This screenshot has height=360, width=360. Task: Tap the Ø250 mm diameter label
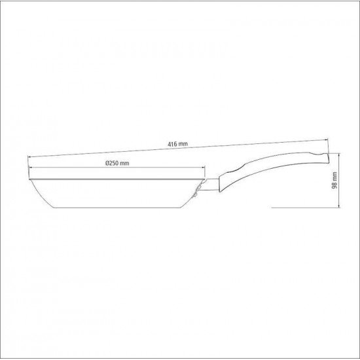[117, 163]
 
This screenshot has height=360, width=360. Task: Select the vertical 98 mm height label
[334, 179]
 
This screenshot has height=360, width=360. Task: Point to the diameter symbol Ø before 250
[106, 163]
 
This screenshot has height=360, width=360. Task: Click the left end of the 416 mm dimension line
[29, 156]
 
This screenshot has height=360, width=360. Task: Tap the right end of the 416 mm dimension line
[327, 140]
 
